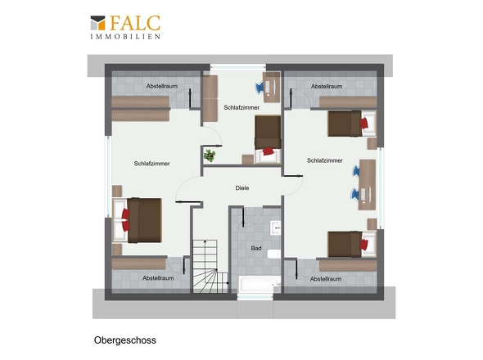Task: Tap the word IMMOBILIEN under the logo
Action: coord(125,37)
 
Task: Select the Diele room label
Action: coord(241,188)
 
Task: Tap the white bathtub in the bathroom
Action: coord(255,284)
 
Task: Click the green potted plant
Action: coord(210,154)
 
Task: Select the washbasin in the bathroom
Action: coord(277,227)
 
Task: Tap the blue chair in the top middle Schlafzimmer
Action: coord(269,83)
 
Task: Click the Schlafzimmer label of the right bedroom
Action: coord(325,161)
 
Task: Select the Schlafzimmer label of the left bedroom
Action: coord(152,164)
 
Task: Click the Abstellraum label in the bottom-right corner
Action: coord(326,278)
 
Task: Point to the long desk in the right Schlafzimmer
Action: coord(368,183)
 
